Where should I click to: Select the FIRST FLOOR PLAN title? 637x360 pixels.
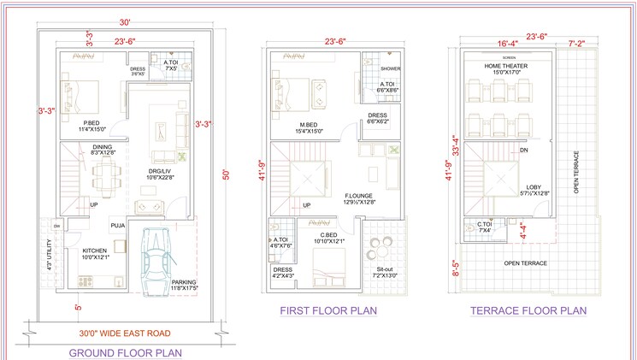328,310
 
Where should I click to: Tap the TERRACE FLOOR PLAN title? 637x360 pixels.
528,311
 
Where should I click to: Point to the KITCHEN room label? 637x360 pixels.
95,251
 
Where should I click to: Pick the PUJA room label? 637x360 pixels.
118,225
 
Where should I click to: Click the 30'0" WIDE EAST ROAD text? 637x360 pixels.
126,333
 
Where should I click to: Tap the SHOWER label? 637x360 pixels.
390,68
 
